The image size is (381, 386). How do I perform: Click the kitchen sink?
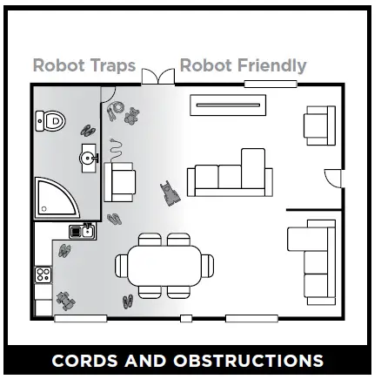[83, 231]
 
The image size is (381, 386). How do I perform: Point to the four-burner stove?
[43, 274]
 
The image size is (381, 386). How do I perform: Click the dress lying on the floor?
[168, 193]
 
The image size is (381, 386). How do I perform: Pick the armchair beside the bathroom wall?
[121, 181]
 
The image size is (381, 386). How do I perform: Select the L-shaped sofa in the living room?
[231, 174]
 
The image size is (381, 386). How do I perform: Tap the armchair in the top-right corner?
[318, 125]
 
